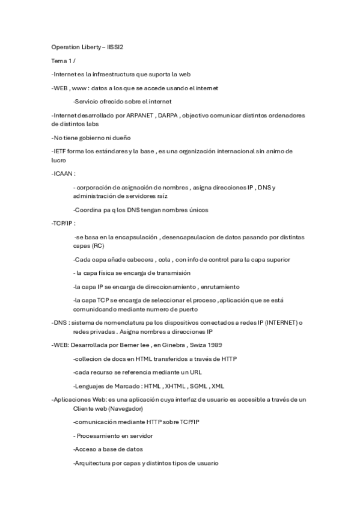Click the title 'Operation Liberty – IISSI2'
87,47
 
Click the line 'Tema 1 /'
63,61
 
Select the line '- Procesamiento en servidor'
114,435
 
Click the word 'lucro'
59,161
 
